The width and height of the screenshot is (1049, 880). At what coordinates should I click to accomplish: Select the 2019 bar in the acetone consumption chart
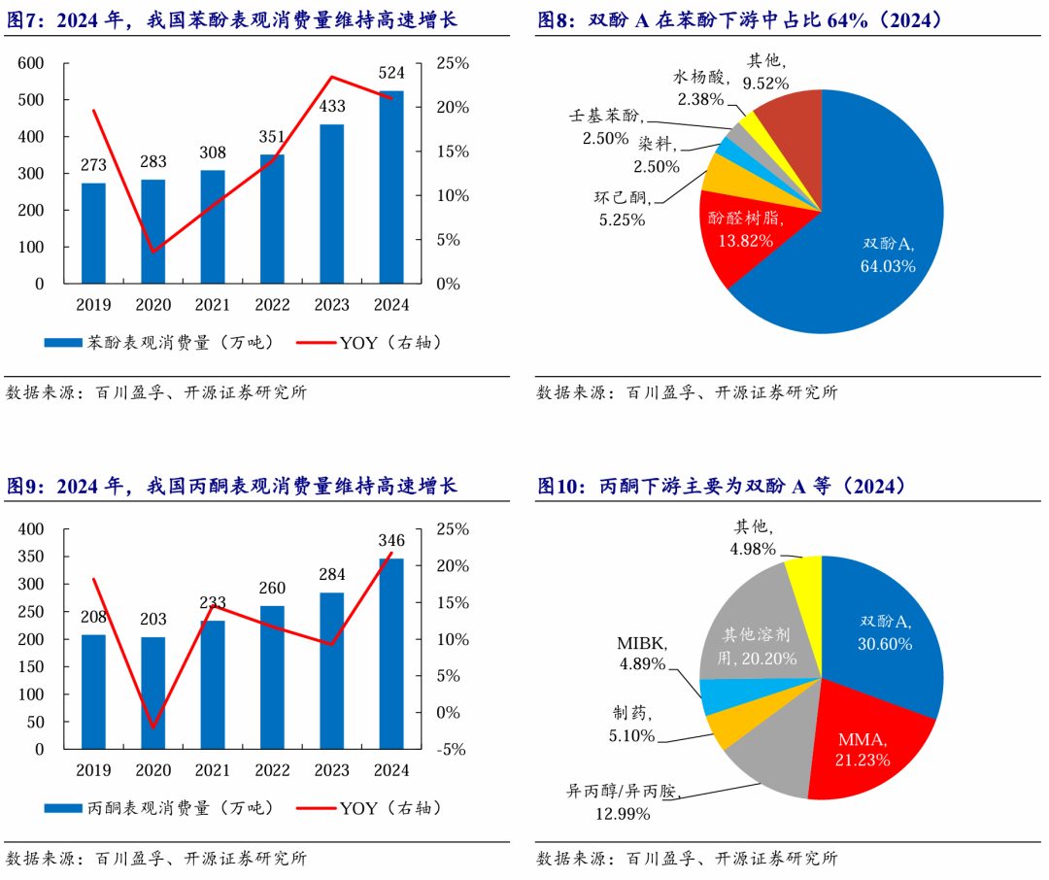(x=93, y=692)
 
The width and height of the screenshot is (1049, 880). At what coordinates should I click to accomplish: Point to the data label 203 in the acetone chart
(x=153, y=619)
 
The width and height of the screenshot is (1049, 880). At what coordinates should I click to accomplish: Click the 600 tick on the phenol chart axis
(x=32, y=63)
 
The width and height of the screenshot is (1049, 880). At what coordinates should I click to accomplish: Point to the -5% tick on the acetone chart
(x=448, y=750)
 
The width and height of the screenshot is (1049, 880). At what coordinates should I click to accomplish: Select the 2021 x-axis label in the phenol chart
(x=213, y=305)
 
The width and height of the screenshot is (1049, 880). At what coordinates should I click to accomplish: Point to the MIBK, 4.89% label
(x=642, y=654)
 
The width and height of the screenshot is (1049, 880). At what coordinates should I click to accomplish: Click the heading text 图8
(x=558, y=20)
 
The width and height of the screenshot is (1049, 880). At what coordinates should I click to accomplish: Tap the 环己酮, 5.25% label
(x=621, y=209)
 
